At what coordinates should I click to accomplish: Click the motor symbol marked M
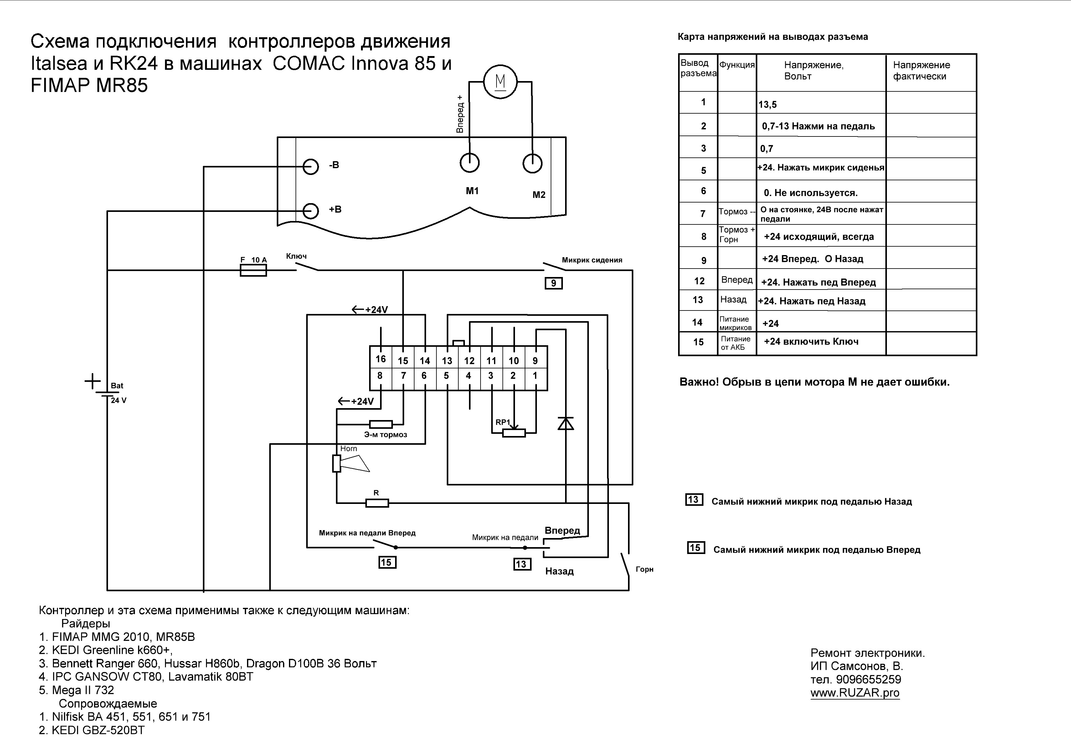pyautogui.click(x=500, y=82)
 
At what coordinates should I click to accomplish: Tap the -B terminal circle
pyautogui.click(x=310, y=166)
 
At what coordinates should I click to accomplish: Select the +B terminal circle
pyautogui.click(x=310, y=210)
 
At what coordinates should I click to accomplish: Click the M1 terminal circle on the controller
pyautogui.click(x=469, y=163)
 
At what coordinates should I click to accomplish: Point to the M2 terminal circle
pyautogui.click(x=532, y=163)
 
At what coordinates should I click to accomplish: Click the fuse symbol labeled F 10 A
pyautogui.click(x=253, y=270)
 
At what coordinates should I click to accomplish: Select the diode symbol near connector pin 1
pyautogui.click(x=566, y=423)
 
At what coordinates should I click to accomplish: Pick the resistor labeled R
pyautogui.click(x=377, y=503)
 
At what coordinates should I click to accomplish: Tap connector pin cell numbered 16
pyautogui.click(x=381, y=359)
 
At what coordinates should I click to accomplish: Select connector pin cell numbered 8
pyautogui.click(x=380, y=375)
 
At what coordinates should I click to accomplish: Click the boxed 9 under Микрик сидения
pyautogui.click(x=554, y=283)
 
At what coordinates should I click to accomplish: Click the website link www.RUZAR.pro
pyautogui.click(x=855, y=693)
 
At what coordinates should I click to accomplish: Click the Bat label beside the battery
pyautogui.click(x=117, y=386)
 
